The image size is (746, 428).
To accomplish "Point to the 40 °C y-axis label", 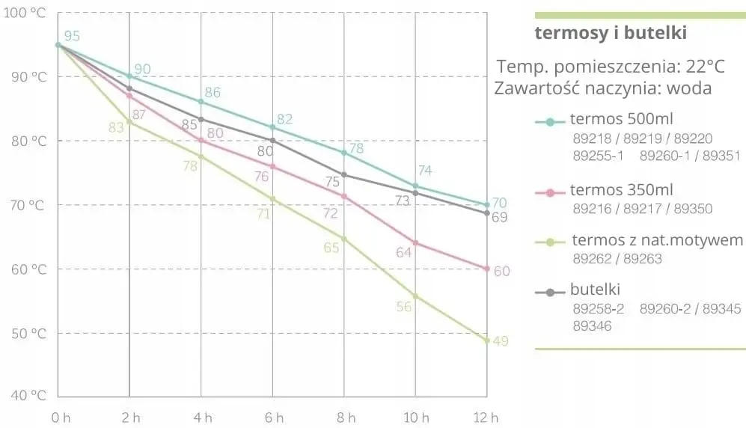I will [25, 396].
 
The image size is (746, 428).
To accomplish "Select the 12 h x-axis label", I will [487, 417].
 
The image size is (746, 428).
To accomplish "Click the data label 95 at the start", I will [72, 36].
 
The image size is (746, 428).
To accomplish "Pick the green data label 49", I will [501, 341].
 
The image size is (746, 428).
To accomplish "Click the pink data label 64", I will [404, 253].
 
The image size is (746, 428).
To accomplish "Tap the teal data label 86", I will [213, 93].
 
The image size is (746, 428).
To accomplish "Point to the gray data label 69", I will [500, 217].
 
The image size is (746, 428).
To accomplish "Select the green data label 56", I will [404, 307].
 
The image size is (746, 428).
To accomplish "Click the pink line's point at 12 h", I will [487, 269].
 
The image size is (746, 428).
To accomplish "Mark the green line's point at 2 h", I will [129, 122].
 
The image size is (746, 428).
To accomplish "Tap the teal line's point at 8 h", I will [344, 153].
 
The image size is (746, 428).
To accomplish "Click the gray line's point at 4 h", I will [201, 119].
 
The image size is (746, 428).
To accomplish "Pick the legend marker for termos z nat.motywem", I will [550, 242].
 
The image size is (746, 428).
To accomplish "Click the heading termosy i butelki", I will [611, 34].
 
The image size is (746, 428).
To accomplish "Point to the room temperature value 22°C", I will [705, 67].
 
